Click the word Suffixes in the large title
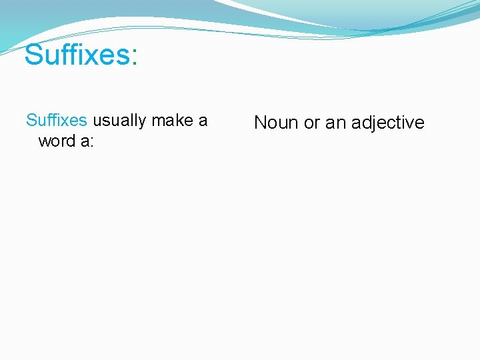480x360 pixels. coord(78,55)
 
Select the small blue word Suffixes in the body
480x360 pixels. coord(57,121)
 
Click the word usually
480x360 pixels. coord(120,121)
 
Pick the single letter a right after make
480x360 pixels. coord(203,121)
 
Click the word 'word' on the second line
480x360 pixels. coord(56,141)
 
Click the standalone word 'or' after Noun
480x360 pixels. coord(312,123)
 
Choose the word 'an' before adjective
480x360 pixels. coord(335,123)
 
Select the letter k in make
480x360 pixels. coord(180,121)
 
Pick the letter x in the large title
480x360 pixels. coord(87,55)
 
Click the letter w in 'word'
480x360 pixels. coord(44,141)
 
